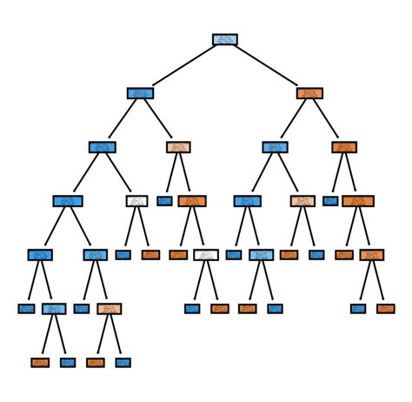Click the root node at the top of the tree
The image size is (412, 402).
[224, 39]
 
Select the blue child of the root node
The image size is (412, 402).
[140, 93]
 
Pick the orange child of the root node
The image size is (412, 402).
[309, 93]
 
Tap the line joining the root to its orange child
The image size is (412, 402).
[267, 66]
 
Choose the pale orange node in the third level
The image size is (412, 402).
[178, 147]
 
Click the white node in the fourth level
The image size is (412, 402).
[136, 201]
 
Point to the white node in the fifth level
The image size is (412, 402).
[206, 255]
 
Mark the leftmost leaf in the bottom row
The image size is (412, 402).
[39, 362]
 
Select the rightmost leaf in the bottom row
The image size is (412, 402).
[123, 362]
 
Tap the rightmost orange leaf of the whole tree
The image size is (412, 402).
[385, 308]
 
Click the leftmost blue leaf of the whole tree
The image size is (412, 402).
[25, 308]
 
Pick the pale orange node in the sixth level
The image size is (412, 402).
[109, 308]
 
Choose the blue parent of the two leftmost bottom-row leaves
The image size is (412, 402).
[53, 308]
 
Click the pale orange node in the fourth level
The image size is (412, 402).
[302, 201]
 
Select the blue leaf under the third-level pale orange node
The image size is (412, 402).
[164, 201]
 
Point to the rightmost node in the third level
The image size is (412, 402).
[344, 147]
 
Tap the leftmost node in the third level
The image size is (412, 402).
[102, 147]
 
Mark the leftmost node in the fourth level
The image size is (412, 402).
[67, 201]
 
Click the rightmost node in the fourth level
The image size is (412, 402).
[357, 201]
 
